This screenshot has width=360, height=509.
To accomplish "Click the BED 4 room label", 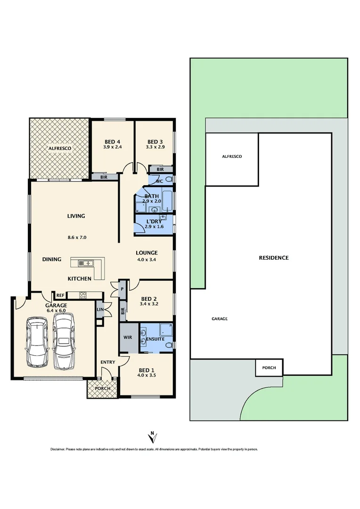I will click(112, 142).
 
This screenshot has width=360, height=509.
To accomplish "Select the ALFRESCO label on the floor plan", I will click(59, 148).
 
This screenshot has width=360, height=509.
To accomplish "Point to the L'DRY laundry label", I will click(154, 221).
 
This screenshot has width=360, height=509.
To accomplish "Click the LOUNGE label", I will click(147, 253).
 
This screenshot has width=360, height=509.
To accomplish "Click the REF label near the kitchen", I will click(60, 296).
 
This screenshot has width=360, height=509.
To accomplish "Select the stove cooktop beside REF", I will click(82, 296).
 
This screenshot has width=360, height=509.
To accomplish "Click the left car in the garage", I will click(37, 342).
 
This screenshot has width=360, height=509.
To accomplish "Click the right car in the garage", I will click(63, 341).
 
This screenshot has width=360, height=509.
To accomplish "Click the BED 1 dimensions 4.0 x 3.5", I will click(146, 376).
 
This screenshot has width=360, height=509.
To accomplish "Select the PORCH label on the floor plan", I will click(102, 388).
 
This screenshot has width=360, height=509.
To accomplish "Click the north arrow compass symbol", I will click(152, 436).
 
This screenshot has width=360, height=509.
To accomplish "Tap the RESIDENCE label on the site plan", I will click(273, 258).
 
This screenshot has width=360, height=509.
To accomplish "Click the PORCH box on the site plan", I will click(269, 368).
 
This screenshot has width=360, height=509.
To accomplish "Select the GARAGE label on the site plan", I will click(219, 319).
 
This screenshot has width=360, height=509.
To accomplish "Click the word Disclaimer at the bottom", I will click(57, 450).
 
